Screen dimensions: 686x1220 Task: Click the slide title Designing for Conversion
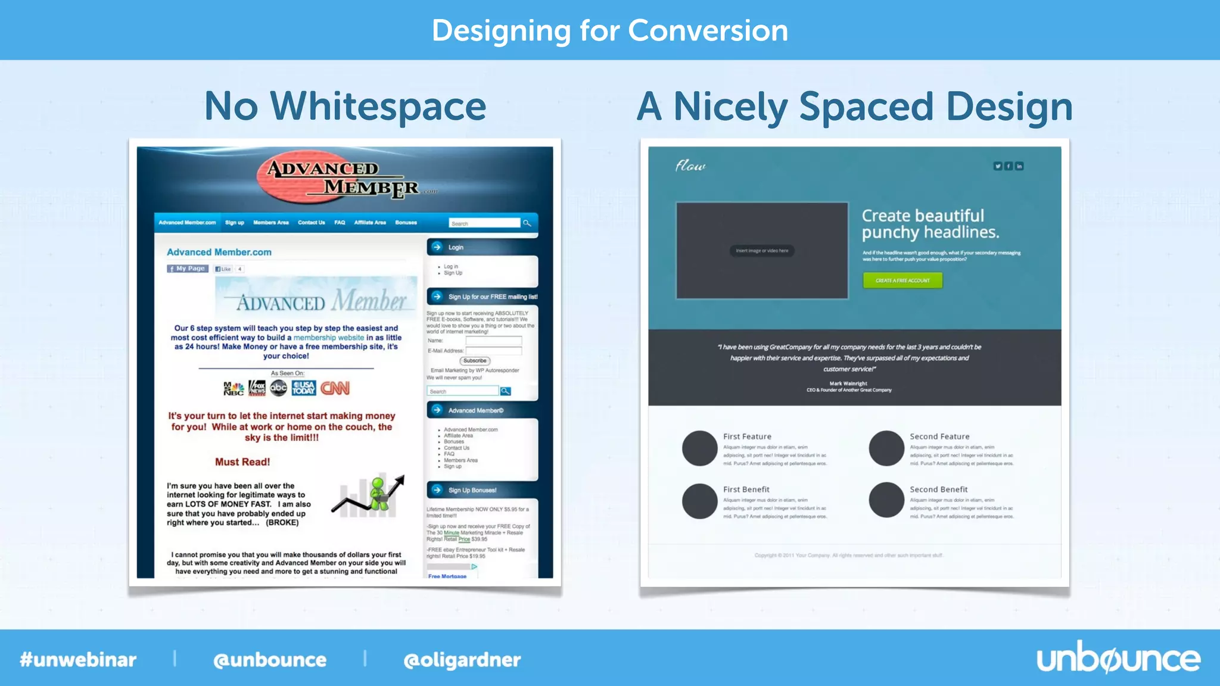pos(609,30)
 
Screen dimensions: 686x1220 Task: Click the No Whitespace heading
pos(345,106)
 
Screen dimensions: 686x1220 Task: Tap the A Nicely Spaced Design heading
pos(854,107)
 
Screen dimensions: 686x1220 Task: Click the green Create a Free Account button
pos(902,280)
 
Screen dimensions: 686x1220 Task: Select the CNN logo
pos(335,388)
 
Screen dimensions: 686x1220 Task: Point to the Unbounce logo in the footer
pos(1118,659)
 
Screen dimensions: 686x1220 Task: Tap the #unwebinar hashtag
pos(78,660)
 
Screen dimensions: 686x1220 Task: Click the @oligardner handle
pos(462,660)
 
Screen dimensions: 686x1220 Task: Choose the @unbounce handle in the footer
pos(270,660)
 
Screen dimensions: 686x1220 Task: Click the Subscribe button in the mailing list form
pos(475,361)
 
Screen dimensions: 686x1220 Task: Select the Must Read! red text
pos(242,462)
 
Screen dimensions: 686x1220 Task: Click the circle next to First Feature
pos(699,448)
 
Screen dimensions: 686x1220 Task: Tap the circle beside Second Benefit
pos(886,500)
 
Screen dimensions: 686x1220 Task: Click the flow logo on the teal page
pos(690,166)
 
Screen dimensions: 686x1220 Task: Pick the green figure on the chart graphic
pos(378,493)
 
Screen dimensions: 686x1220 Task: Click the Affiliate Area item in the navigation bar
pos(370,223)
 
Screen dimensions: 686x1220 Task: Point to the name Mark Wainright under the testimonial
pos(848,383)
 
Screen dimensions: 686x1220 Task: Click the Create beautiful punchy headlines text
pos(930,224)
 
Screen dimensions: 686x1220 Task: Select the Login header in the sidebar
pos(456,247)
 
